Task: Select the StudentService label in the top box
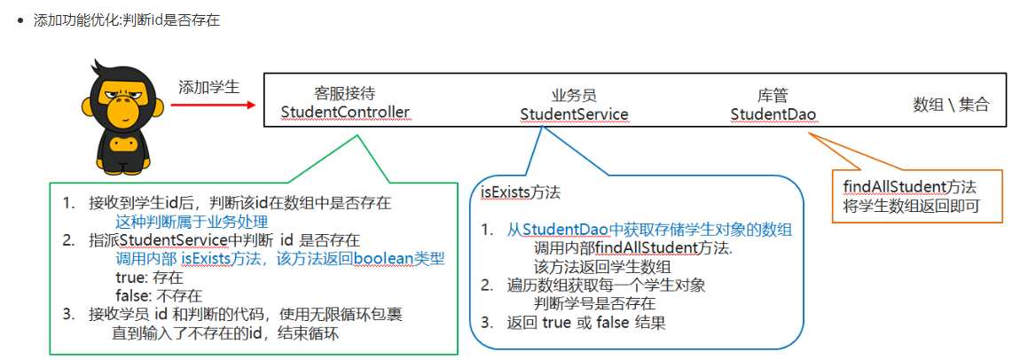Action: [574, 113]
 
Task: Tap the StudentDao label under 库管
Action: [773, 113]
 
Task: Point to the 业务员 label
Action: [574, 94]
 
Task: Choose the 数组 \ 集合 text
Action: [951, 104]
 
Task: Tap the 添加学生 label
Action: [209, 87]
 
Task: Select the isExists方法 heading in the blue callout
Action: [521, 192]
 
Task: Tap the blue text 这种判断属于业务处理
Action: [192, 221]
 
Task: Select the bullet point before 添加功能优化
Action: [20, 20]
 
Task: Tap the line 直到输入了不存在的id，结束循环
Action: [225, 333]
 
